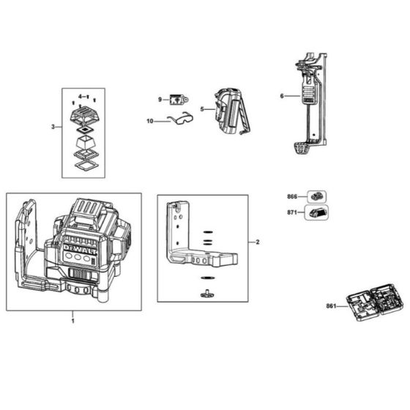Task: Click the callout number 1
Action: point(72,321)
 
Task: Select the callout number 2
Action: point(258,241)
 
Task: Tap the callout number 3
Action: point(53,127)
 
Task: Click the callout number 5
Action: point(203,110)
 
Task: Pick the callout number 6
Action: point(282,96)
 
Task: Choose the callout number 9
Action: point(159,99)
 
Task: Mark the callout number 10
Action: point(149,121)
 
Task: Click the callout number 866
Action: point(292,196)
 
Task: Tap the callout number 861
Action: point(330,306)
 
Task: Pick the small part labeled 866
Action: point(316,196)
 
